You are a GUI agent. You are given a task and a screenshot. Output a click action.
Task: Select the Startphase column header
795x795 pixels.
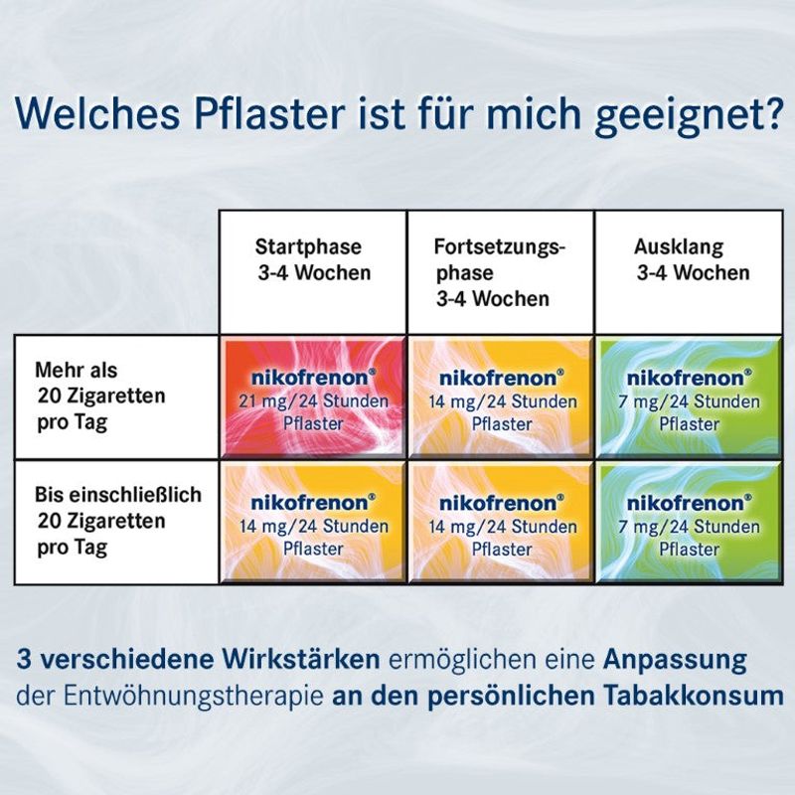point(313,259)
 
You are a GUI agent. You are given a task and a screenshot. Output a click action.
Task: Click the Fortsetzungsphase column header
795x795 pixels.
point(500,272)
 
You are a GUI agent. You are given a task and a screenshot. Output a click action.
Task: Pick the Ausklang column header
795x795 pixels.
point(692,259)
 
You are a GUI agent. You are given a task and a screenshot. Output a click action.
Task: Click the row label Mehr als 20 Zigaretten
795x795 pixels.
point(100,397)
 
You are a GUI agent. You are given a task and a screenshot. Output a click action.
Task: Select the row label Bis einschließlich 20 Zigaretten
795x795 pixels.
point(117,521)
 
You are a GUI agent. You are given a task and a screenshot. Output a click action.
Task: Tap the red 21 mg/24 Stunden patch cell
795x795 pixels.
point(313,397)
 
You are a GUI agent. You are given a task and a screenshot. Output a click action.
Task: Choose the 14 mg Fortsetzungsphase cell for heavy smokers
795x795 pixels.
point(501,397)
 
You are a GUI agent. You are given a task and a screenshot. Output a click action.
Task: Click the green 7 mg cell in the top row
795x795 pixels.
point(689,397)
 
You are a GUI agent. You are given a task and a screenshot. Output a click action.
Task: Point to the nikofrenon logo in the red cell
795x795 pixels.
point(313,378)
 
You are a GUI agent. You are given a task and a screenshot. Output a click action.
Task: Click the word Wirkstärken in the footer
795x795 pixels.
point(301,660)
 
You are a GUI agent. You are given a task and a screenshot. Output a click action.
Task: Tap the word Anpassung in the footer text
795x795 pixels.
point(675,661)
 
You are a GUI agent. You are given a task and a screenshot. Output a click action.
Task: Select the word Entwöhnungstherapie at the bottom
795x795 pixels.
point(194,698)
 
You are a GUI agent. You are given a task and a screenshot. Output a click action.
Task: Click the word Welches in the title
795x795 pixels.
point(97,114)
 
